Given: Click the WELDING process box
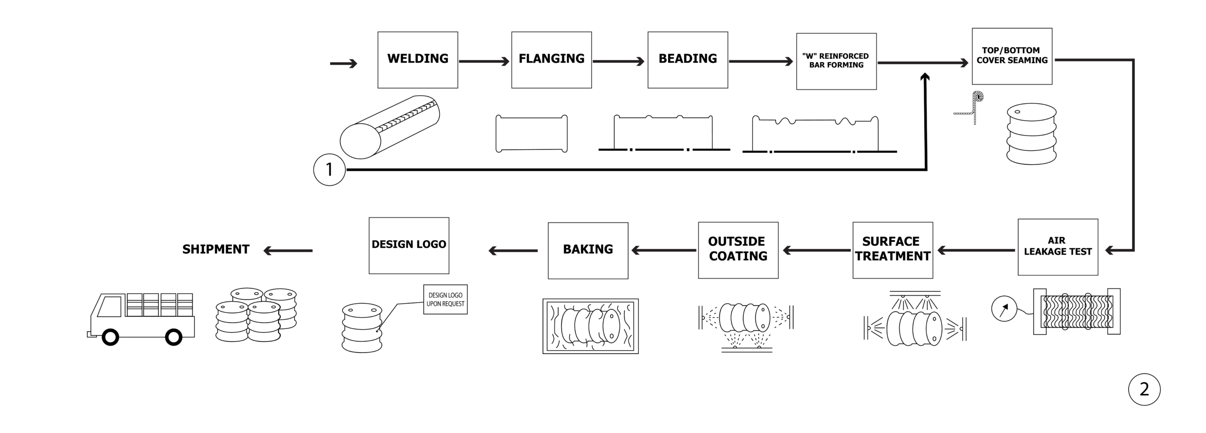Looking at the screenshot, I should pyautogui.click(x=417, y=60).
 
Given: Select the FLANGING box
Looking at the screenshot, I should pyautogui.click(x=551, y=60).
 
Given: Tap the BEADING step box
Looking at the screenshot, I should pyautogui.click(x=687, y=60).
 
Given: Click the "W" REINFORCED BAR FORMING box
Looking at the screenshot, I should pyautogui.click(x=836, y=61).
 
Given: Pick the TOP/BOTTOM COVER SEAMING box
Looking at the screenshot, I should pyautogui.click(x=1011, y=56).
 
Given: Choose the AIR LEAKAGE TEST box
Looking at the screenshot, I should pyautogui.click(x=1057, y=247).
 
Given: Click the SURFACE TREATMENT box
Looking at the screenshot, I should pyautogui.click(x=892, y=250).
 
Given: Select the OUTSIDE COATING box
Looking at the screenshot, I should pyautogui.click(x=738, y=250).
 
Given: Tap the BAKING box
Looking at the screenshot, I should pyautogui.click(x=587, y=250).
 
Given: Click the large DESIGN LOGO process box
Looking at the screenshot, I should pyautogui.click(x=408, y=245).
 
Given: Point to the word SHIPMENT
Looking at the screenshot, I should pyautogui.click(x=216, y=249).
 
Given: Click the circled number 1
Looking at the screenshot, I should pyautogui.click(x=329, y=169).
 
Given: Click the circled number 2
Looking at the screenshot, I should pyautogui.click(x=1144, y=389).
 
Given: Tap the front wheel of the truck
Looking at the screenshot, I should pyautogui.click(x=110, y=337).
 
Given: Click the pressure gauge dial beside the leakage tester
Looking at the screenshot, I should pyautogui.click(x=1004, y=309).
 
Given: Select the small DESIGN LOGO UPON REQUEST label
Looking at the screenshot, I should pyautogui.click(x=445, y=299).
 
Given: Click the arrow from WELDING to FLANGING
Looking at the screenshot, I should pyautogui.click(x=484, y=61).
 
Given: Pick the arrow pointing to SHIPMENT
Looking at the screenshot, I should pyautogui.click(x=288, y=250).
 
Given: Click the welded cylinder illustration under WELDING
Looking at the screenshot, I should pyautogui.click(x=390, y=127).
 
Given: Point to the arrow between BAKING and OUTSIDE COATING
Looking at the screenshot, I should pyautogui.click(x=663, y=250).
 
